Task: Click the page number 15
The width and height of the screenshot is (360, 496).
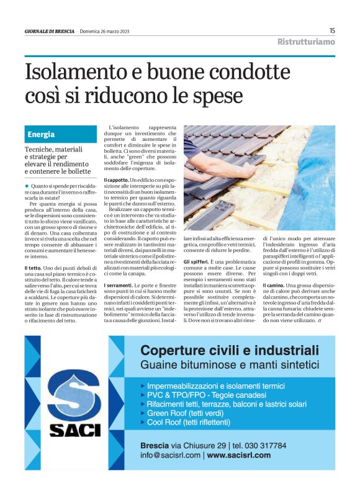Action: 332,30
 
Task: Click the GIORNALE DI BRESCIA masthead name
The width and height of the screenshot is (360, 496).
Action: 50,31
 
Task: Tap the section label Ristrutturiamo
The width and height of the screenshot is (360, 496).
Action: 305,42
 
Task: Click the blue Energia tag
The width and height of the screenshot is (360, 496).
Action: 41,135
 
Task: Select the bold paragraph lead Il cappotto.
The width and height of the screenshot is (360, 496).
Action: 117,179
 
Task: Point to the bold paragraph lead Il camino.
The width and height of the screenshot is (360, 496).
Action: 274,284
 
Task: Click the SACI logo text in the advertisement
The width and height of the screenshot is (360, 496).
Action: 66,428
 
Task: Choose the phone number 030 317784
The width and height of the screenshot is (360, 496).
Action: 261,445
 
